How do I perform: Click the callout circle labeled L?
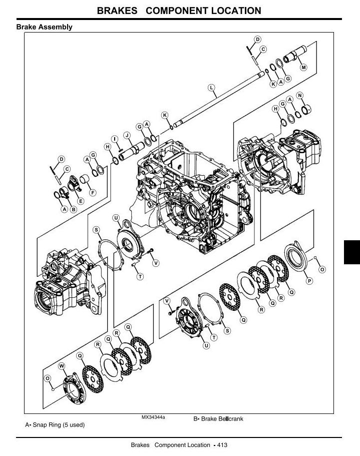click(211, 87)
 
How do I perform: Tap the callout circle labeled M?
click(303, 67)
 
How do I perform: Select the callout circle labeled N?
click(299, 96)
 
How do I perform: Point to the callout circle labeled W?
click(62, 366)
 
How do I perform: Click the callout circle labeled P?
click(309, 281)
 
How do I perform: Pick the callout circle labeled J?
click(127, 135)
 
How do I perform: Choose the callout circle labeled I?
click(115, 139)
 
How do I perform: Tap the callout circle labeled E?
click(81, 201)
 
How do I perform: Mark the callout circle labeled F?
click(93, 193)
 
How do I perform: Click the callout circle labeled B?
click(74, 209)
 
